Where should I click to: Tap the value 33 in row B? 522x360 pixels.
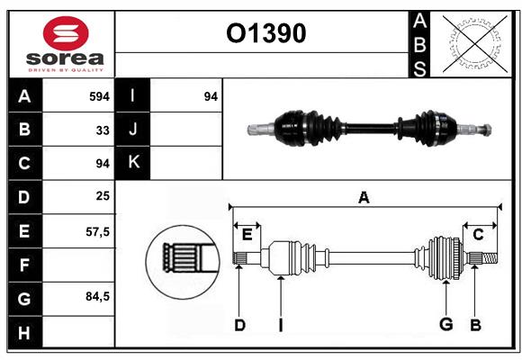103,130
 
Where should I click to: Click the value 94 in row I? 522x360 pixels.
211,96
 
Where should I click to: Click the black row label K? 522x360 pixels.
133,163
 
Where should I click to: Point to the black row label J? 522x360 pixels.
133,130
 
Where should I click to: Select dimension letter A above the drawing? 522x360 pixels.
364,197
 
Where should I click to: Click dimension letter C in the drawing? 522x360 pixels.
478,234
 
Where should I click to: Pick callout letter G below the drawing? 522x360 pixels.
445,325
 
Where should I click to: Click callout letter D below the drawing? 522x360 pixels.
239,325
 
